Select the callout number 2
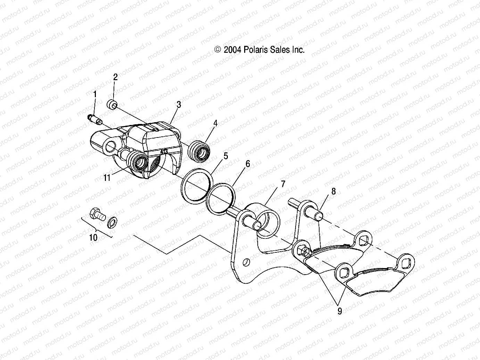pyautogui.click(x=116, y=77)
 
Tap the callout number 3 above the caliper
pyautogui.click(x=179, y=104)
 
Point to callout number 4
pyautogui.click(x=215, y=123)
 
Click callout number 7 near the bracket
pyautogui.click(x=283, y=184)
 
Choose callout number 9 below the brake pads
pyautogui.click(x=339, y=311)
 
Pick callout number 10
pyautogui.click(x=93, y=237)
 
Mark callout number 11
pyautogui.click(x=107, y=178)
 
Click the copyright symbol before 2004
pyautogui.click(x=218, y=50)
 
